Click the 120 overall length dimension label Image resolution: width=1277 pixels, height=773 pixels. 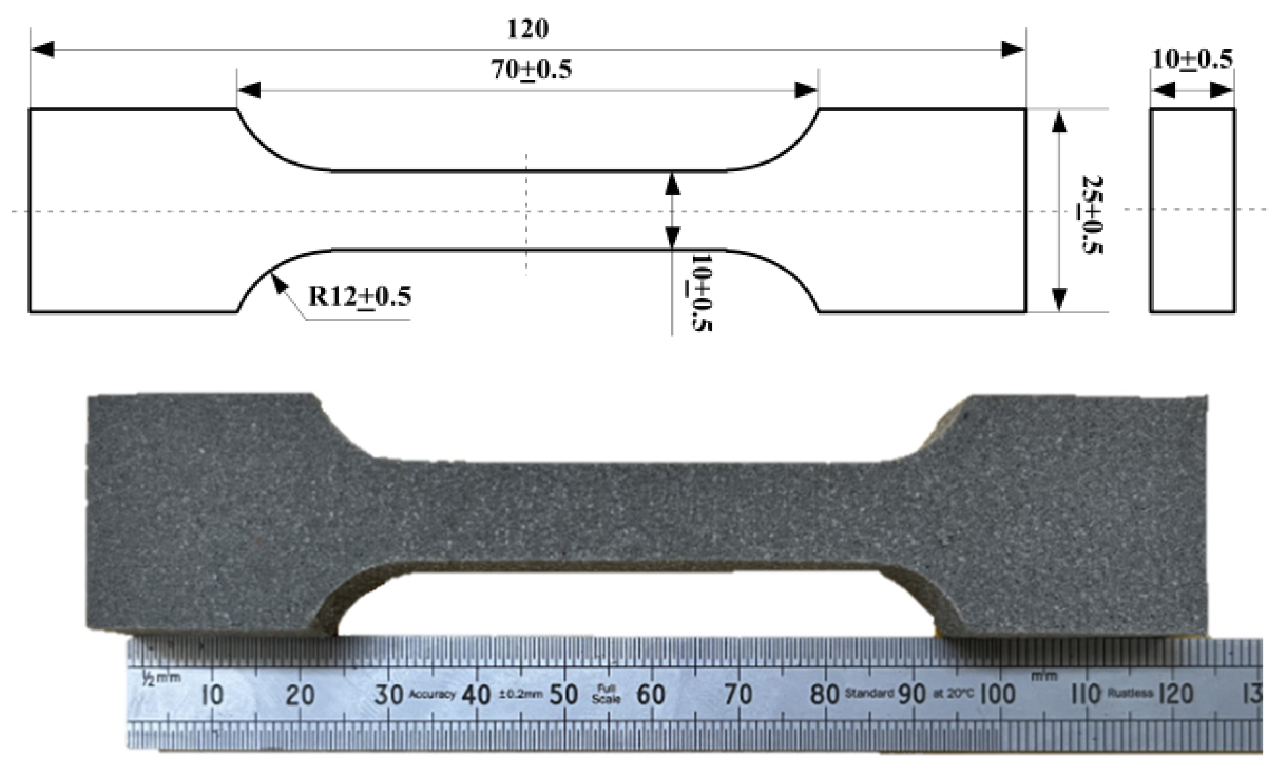pos(527,28)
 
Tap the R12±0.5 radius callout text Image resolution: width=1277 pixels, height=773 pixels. pos(359,297)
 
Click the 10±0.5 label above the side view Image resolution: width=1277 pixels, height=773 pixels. pos(1192,59)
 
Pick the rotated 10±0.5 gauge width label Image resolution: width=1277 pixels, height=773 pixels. pos(701,293)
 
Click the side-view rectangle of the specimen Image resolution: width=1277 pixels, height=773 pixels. pos(1192,210)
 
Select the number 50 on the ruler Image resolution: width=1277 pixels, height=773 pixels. pos(563,695)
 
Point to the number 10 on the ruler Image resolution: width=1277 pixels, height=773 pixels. pos(213,695)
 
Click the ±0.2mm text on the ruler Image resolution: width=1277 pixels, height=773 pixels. pos(521,694)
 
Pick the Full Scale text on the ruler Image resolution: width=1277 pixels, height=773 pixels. pos(606,693)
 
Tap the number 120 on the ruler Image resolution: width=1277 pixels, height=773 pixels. pos(1176,694)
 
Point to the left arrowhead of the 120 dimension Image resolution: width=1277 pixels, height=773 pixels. pos(42,50)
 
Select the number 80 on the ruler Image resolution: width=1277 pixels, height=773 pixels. pos(824,694)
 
